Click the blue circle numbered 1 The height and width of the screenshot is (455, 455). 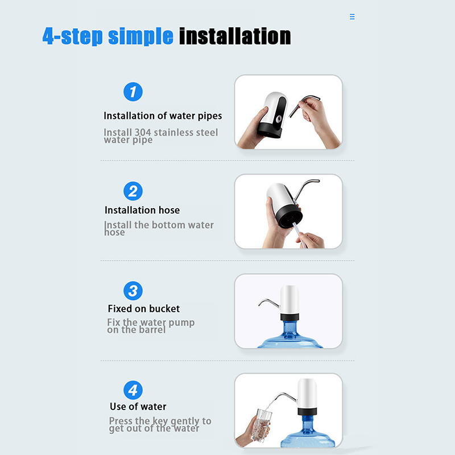pyautogui.click(x=133, y=92)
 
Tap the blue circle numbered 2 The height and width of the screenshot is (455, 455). pyautogui.click(x=133, y=191)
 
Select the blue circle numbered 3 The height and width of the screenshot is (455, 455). pyautogui.click(x=133, y=291)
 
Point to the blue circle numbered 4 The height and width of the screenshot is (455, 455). pyautogui.click(x=133, y=390)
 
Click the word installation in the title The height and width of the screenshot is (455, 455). pyautogui.click(x=235, y=36)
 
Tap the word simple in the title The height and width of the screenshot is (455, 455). pyautogui.click(x=140, y=36)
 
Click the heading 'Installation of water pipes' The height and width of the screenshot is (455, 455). pyautogui.click(x=163, y=116)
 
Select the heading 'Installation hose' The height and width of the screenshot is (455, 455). pyautogui.click(x=142, y=210)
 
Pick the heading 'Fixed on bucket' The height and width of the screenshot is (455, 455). pyautogui.click(x=144, y=308)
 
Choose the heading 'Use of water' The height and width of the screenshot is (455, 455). pyautogui.click(x=138, y=407)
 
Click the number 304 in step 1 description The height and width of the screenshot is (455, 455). pyautogui.click(x=143, y=133)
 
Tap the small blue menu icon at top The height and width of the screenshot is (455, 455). pyautogui.click(x=352, y=16)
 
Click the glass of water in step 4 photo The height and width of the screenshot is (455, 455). pyautogui.click(x=262, y=425)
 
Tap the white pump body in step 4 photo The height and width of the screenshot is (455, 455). pyautogui.click(x=307, y=393)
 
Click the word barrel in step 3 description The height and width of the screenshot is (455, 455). pyautogui.click(x=152, y=330)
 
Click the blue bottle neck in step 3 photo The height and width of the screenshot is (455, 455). pyautogui.click(x=289, y=328)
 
